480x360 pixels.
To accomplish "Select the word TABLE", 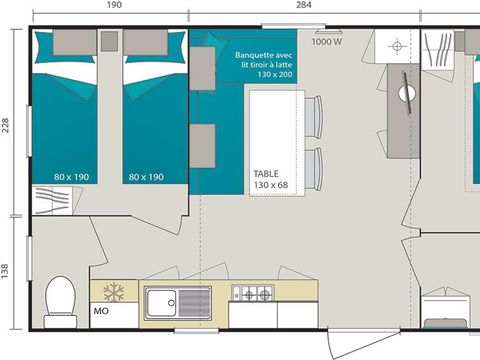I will click(266, 172).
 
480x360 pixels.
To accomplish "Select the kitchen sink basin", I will click(164, 300).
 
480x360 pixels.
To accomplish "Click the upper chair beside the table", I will click(313, 118).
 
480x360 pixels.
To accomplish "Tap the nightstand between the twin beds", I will click(109, 42).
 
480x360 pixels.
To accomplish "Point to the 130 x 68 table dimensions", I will click(271, 186).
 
